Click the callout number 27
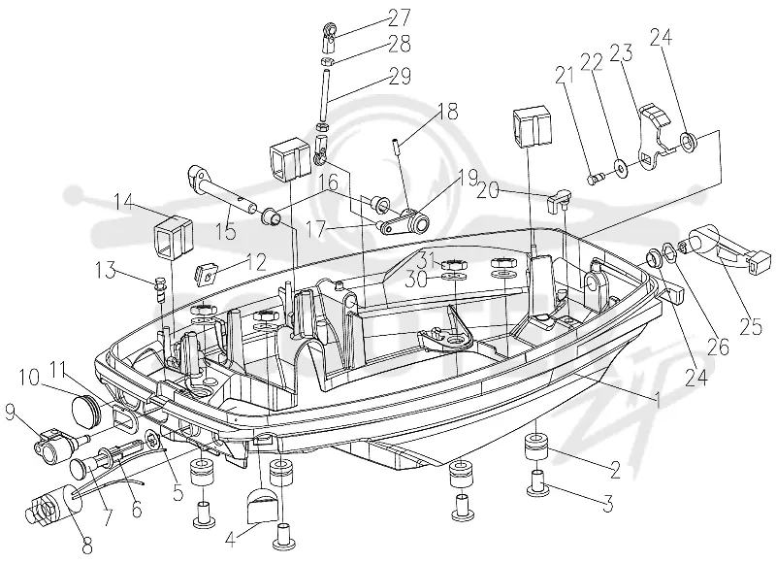(398, 17)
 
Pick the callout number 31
(428, 258)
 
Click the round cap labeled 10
(86, 409)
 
